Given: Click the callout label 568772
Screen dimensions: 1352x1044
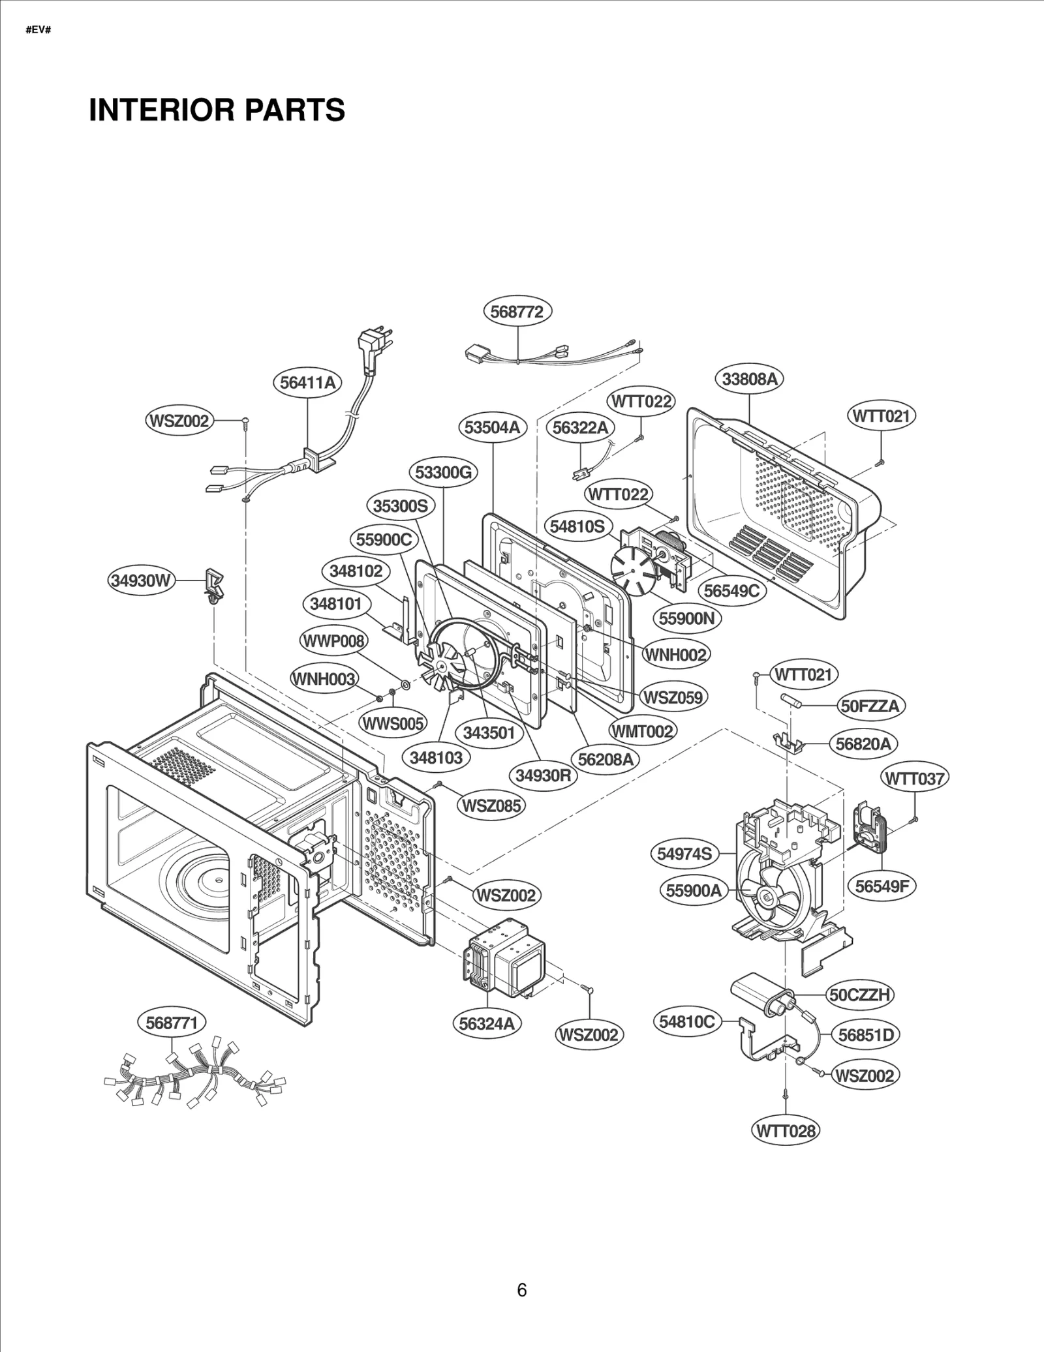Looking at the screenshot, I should (517, 312).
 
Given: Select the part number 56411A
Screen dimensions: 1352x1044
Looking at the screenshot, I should (307, 383).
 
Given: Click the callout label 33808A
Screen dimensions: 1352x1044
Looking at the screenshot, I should (750, 379).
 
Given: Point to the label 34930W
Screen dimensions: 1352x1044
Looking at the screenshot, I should (142, 580).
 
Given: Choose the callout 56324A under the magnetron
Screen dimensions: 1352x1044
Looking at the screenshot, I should (487, 1023).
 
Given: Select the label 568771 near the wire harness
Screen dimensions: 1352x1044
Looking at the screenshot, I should (171, 1023).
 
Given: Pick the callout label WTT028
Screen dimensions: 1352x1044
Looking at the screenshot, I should (785, 1130).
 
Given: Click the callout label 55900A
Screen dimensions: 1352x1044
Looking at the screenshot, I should (694, 890).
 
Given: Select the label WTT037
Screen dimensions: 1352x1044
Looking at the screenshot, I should (914, 778).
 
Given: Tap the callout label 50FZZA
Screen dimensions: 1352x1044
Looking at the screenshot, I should (870, 706).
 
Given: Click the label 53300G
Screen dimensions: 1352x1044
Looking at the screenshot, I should (443, 472).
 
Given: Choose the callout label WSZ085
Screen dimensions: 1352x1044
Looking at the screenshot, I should (492, 805).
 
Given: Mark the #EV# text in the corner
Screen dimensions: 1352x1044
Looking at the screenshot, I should (38, 31).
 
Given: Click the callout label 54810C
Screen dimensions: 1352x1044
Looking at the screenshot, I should (686, 1021).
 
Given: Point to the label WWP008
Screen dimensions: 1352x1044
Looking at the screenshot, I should (333, 641).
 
